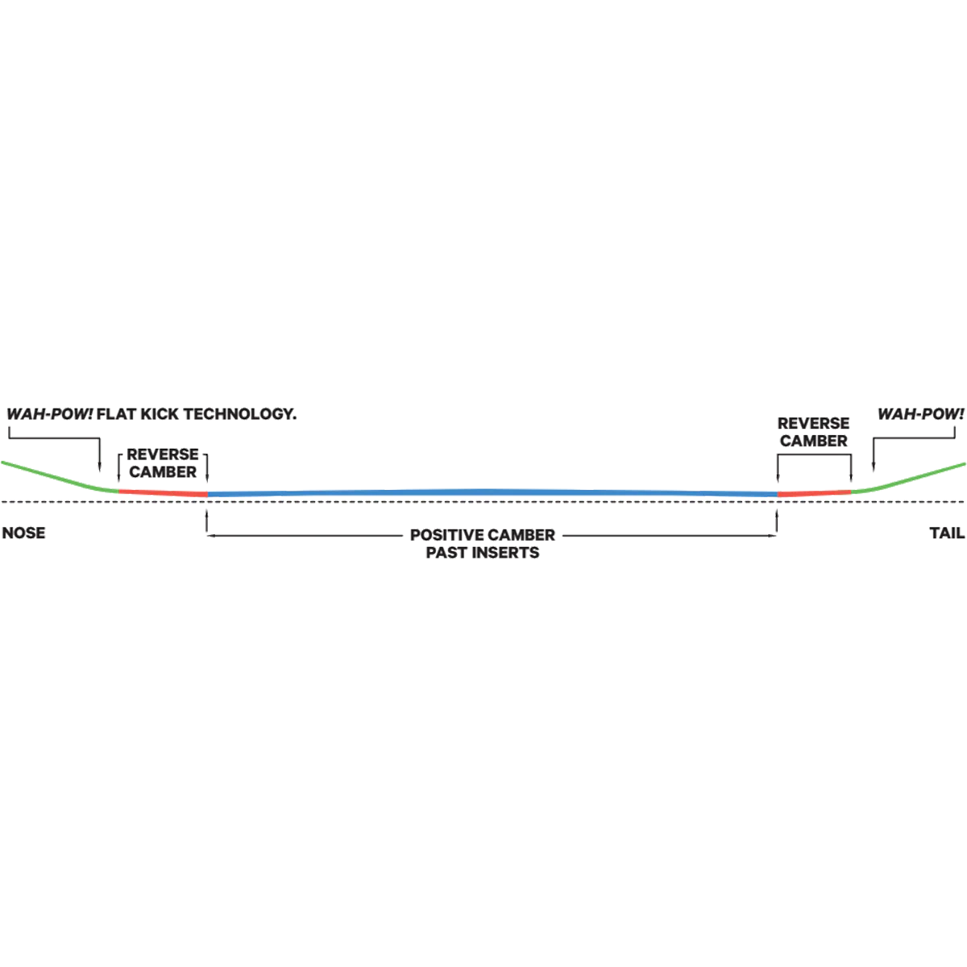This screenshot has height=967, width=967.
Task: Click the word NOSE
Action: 23,533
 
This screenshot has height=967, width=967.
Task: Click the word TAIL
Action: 947,533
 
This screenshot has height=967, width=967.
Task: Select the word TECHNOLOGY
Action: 239,415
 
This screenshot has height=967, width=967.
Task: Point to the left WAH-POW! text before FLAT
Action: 49,415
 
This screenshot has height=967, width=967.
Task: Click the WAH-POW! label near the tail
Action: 920,415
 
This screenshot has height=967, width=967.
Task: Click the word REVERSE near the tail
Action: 812,424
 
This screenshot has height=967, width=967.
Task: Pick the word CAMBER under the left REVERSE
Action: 163,471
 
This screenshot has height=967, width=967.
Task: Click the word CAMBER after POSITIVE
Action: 519,536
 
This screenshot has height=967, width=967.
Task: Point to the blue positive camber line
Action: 483,488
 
